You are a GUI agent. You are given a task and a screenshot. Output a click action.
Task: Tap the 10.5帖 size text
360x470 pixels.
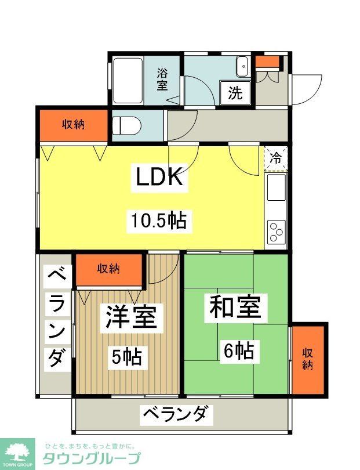click(x=158, y=220)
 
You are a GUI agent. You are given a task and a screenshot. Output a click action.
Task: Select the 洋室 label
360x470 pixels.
click(x=130, y=318)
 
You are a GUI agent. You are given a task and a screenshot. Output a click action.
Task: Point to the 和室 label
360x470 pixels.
click(x=235, y=308)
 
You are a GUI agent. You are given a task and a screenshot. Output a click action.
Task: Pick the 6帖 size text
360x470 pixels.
click(x=238, y=350)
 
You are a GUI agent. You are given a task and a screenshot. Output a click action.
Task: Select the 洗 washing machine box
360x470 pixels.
click(x=235, y=93)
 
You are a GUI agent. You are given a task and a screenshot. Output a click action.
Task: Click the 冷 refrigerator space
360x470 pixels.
click(x=276, y=157)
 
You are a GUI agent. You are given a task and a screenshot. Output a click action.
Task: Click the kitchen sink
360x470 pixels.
click(x=276, y=187)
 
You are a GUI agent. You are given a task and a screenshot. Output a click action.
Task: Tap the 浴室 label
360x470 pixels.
click(x=162, y=79)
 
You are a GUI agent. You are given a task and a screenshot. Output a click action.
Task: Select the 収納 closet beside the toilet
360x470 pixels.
click(x=74, y=124)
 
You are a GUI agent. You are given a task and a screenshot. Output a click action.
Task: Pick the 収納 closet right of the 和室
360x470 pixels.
click(x=308, y=360)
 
